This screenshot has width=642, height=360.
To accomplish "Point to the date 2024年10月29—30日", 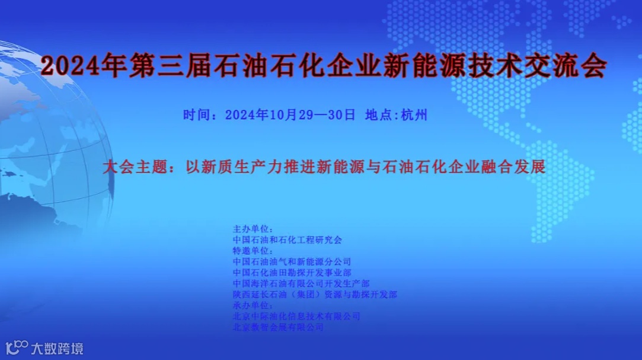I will [290, 114].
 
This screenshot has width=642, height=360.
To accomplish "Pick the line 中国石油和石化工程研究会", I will [288, 240].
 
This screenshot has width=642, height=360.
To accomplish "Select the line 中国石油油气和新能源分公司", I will [292, 261].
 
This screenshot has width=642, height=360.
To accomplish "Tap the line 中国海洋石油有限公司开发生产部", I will [301, 283].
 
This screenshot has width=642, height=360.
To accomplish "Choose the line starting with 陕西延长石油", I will [315, 294].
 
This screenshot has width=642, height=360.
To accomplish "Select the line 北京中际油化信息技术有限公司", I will [296, 316].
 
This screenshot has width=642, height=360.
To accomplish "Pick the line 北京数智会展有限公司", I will [278, 327].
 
